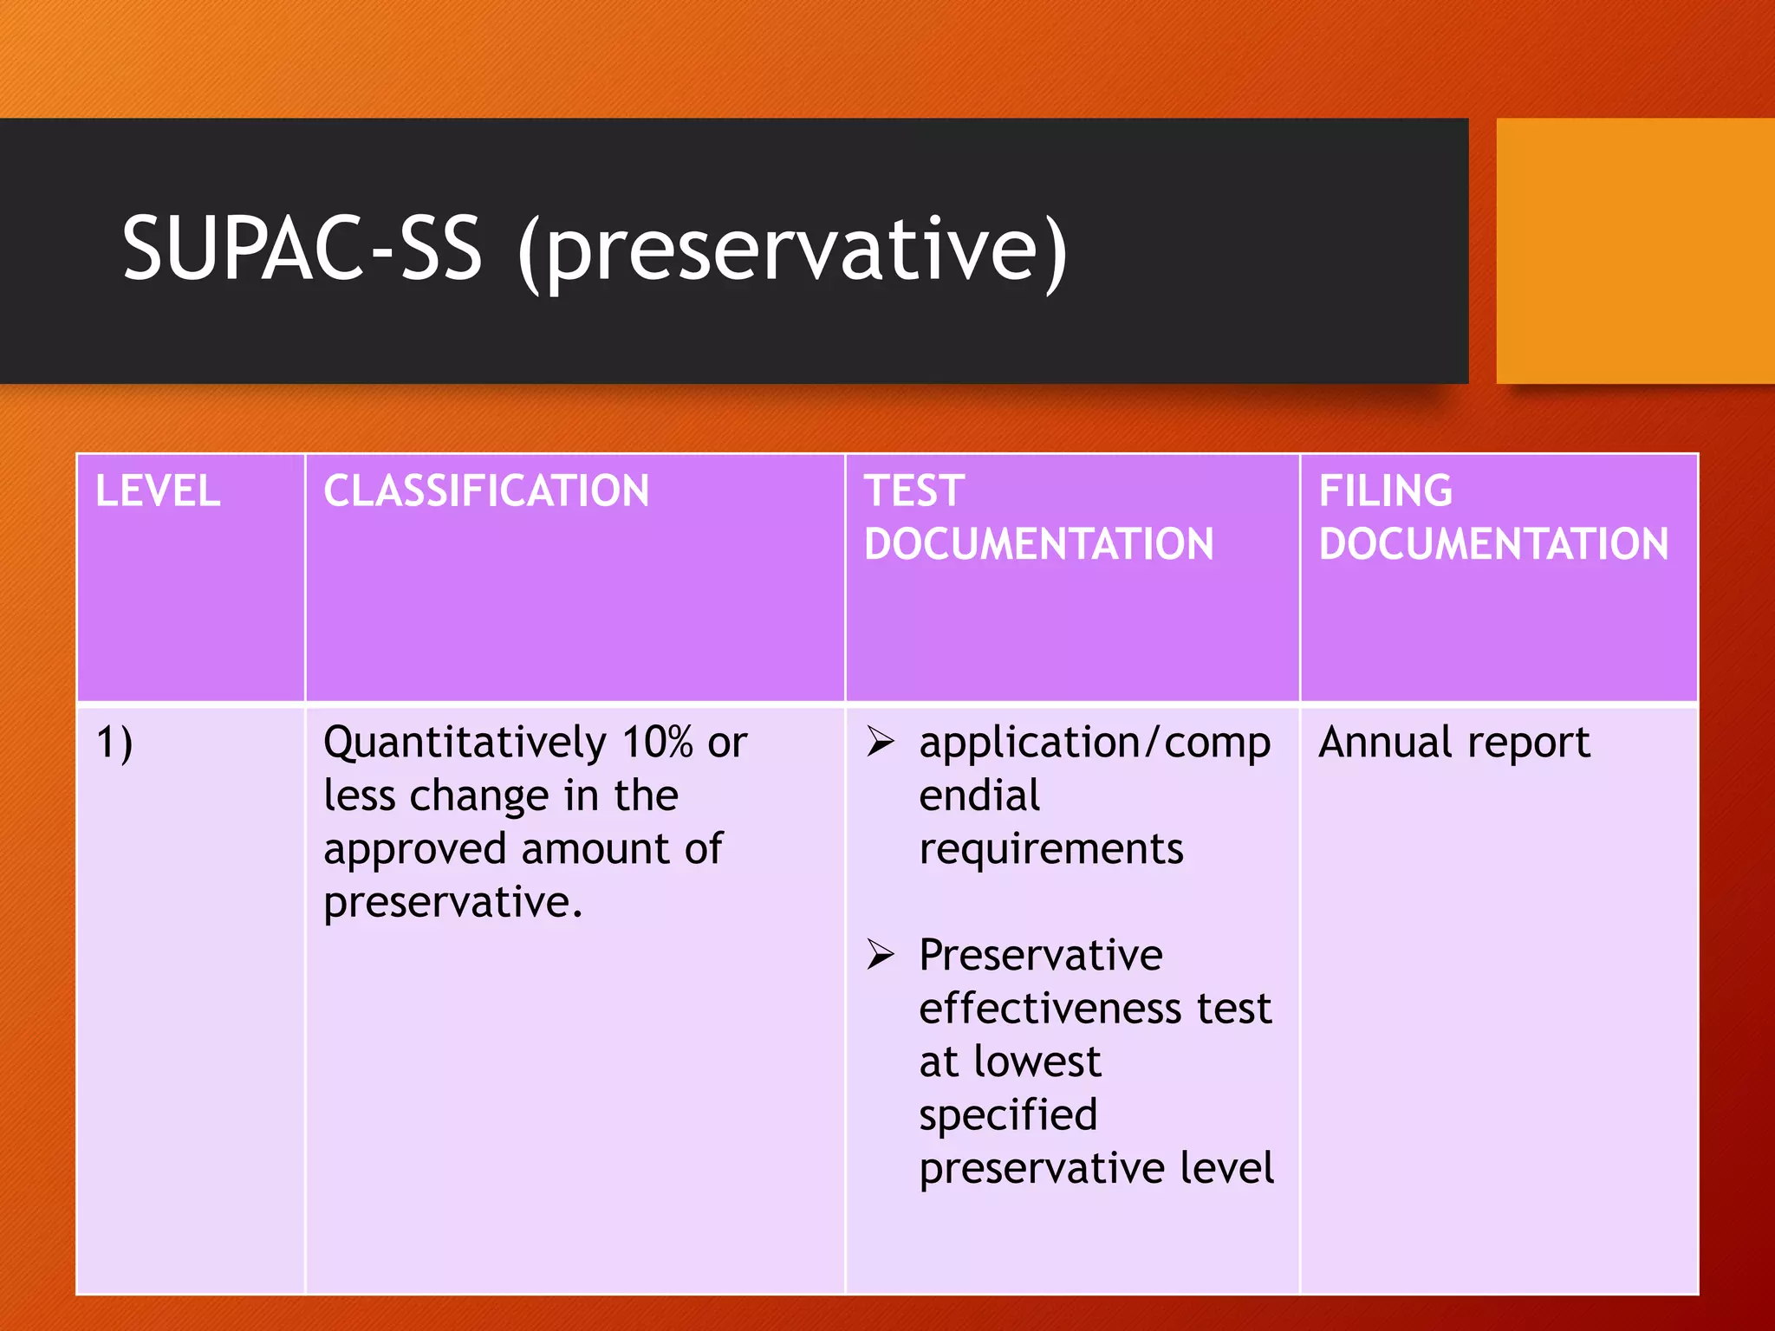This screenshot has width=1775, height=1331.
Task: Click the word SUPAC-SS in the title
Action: (302, 249)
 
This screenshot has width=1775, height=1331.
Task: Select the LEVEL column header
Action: (158, 491)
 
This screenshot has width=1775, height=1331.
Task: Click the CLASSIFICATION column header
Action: (486, 491)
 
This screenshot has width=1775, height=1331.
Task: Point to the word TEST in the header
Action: (914, 491)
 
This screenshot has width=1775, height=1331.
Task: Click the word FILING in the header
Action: (1385, 491)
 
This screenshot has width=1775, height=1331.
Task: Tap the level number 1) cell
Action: (114, 743)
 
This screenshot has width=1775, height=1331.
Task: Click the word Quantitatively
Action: (465, 743)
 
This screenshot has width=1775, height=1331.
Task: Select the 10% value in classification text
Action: (658, 742)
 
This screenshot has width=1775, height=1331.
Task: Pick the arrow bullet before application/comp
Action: (881, 742)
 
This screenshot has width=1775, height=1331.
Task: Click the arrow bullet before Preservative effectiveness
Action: (881, 955)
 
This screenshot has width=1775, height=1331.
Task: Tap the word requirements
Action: (1050, 849)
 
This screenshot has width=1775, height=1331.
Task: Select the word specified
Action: (1008, 1116)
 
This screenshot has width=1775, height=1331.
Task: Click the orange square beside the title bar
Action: (1635, 251)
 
